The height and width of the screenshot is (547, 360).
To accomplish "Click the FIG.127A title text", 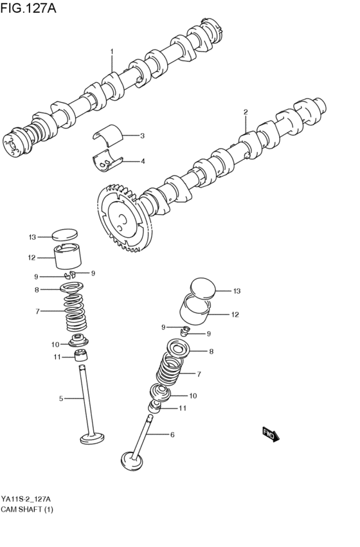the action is pyautogui.click(x=28, y=7).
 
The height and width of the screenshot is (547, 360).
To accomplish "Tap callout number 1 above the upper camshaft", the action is pyautogui.click(x=112, y=51).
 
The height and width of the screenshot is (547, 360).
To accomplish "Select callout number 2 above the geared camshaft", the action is pyautogui.click(x=246, y=112).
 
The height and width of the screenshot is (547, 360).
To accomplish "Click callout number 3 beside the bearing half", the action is pyautogui.click(x=142, y=136).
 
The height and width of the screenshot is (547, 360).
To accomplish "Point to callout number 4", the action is pyautogui.click(x=142, y=161).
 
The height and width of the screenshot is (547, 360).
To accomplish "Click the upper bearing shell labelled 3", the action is pyautogui.click(x=108, y=134).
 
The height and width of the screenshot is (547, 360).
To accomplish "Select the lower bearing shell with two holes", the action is pyautogui.click(x=107, y=161).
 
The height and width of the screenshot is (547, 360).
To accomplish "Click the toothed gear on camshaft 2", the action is pyautogui.click(x=124, y=218).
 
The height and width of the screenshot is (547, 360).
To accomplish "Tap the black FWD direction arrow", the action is pyautogui.click(x=271, y=435).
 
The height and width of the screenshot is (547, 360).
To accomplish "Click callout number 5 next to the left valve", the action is pyautogui.click(x=60, y=399).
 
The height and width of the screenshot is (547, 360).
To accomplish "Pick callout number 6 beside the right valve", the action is pyautogui.click(x=172, y=435).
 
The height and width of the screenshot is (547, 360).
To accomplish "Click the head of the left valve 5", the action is pyautogui.click(x=92, y=438).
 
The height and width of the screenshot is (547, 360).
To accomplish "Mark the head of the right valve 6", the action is pyautogui.click(x=132, y=462).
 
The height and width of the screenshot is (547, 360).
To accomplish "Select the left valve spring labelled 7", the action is pyautogui.click(x=75, y=312).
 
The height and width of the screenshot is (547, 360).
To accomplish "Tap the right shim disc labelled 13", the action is pyautogui.click(x=203, y=289).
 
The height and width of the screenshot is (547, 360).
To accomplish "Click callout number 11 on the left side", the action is pyautogui.click(x=57, y=357).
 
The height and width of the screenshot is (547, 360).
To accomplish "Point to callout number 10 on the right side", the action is pyautogui.click(x=193, y=396).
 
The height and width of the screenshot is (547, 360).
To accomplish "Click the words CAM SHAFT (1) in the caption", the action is pyautogui.click(x=27, y=510).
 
